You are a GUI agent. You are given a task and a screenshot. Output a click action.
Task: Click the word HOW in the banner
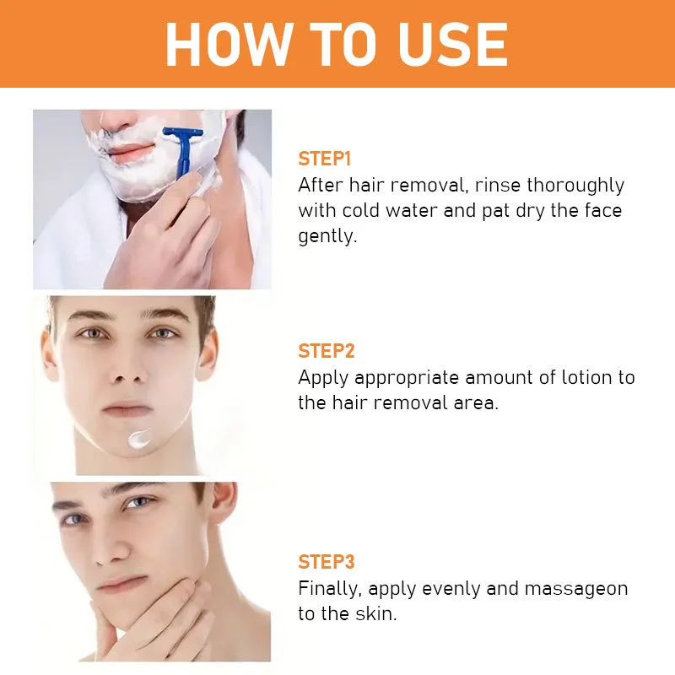[228, 45]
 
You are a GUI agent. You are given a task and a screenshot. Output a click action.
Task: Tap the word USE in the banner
[453, 45]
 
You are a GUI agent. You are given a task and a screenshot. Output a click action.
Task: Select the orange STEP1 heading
[325, 159]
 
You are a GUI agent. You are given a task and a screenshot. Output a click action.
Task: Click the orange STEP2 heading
[327, 351]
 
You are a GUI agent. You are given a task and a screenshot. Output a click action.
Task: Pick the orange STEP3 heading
[327, 562]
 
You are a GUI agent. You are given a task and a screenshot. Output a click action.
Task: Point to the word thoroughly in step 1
[575, 186]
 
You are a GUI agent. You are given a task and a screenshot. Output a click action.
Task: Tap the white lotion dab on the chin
[139, 439]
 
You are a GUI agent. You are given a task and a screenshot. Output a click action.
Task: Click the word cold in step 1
[361, 210]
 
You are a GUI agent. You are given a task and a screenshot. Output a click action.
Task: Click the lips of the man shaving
[131, 151]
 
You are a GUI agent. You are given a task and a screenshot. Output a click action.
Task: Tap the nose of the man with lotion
[128, 368]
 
